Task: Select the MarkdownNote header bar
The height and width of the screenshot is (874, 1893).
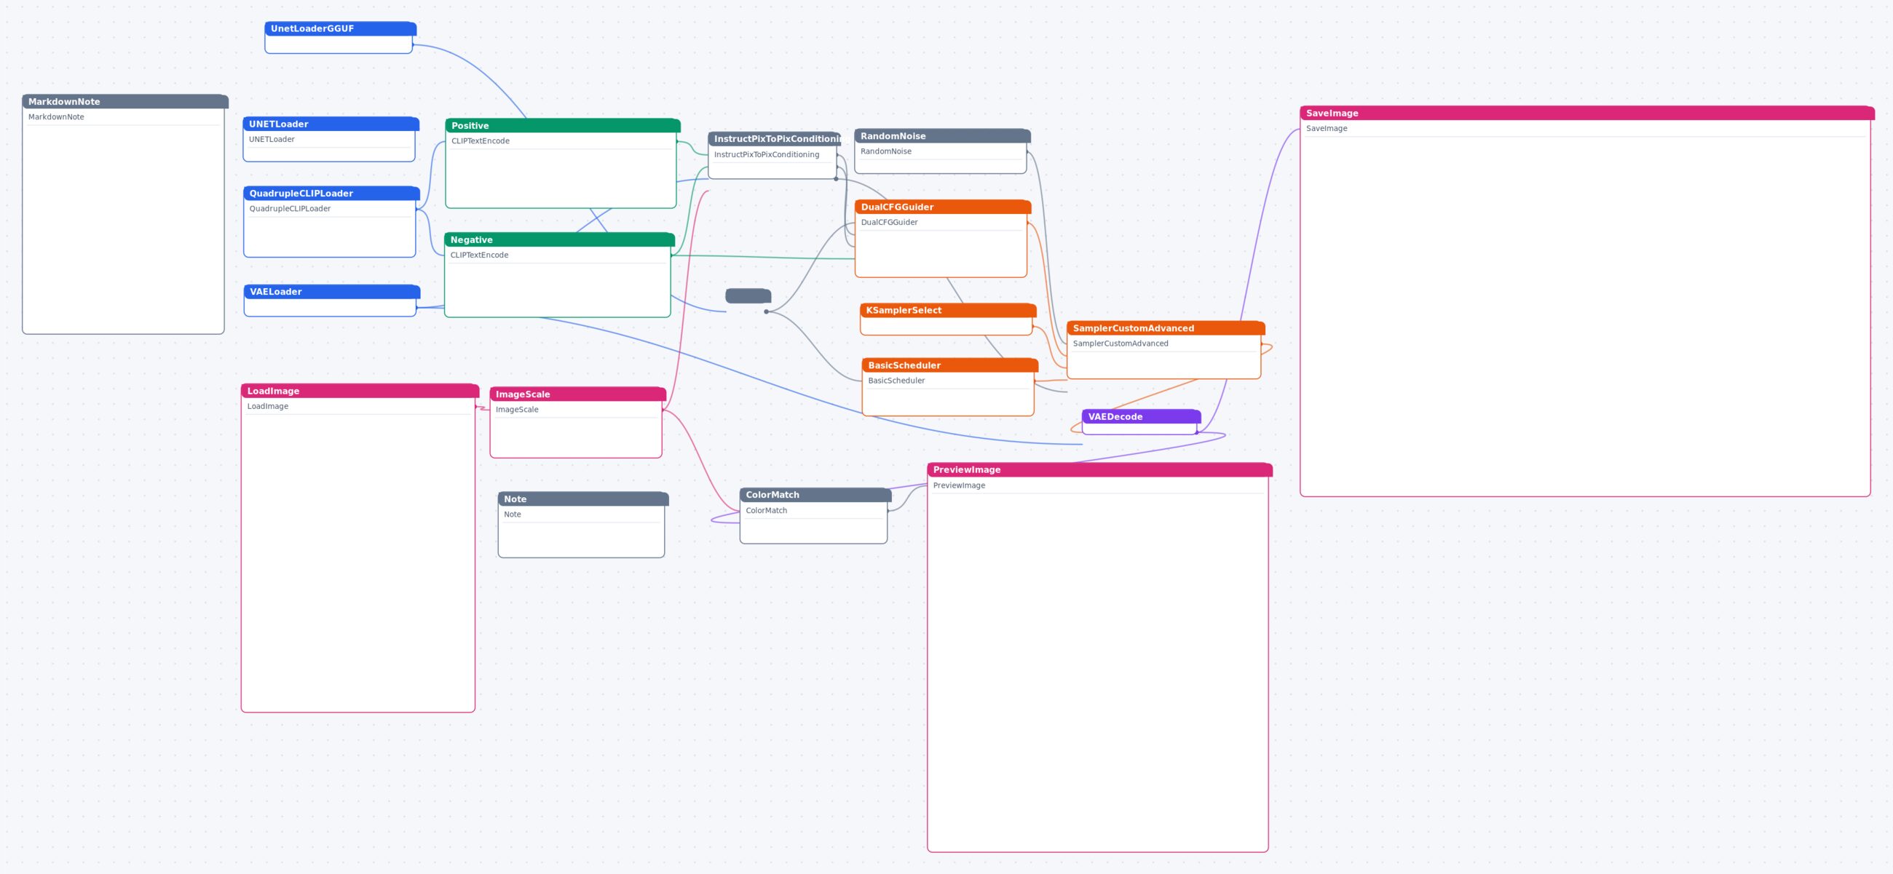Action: (125, 101)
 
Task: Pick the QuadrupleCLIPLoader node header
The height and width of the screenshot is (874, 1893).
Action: (331, 193)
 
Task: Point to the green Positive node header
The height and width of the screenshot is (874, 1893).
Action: (563, 126)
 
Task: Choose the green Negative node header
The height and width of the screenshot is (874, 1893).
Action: (559, 239)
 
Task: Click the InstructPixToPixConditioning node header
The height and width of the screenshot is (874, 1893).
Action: (775, 139)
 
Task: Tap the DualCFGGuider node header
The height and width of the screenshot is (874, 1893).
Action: (943, 207)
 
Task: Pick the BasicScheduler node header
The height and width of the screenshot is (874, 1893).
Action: (950, 365)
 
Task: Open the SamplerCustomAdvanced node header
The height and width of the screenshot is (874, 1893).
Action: (1166, 328)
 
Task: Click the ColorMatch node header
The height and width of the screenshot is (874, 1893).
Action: (815, 495)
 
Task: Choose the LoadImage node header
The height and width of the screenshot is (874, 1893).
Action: (360, 391)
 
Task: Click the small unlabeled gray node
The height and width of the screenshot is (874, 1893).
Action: (748, 296)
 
